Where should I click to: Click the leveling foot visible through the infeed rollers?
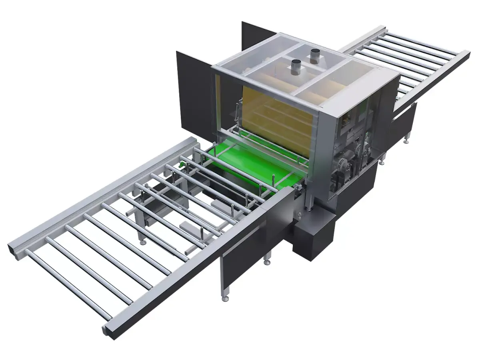coord(142,242)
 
